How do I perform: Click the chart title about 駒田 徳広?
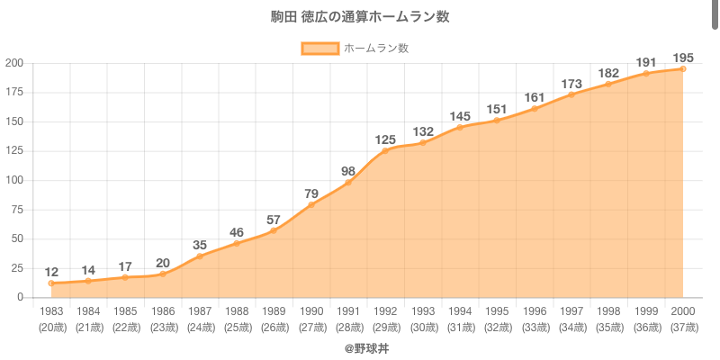pyautogui.click(x=360, y=17)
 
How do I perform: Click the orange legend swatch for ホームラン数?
pyautogui.click(x=319, y=48)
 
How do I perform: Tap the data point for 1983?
pyautogui.click(x=51, y=283)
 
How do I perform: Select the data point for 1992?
pyautogui.click(x=385, y=151)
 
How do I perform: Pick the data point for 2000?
pyautogui.click(x=683, y=69)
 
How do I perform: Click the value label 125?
pyautogui.click(x=385, y=139)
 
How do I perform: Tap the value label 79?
pyautogui.click(x=311, y=193)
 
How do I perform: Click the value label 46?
pyautogui.click(x=237, y=232)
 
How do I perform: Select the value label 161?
pyautogui.click(x=535, y=97)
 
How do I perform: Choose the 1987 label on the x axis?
pyautogui.click(x=200, y=310)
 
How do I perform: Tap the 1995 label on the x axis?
pyautogui.click(x=497, y=310)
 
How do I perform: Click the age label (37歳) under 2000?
pyautogui.click(x=683, y=327)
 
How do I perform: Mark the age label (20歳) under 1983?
pyautogui.click(x=51, y=327)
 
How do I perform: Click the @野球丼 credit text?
pyautogui.click(x=360, y=347)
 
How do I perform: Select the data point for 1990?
pyautogui.click(x=311, y=205)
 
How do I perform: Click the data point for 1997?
pyautogui.click(x=571, y=94)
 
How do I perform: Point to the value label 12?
pyautogui.click(x=51, y=272)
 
